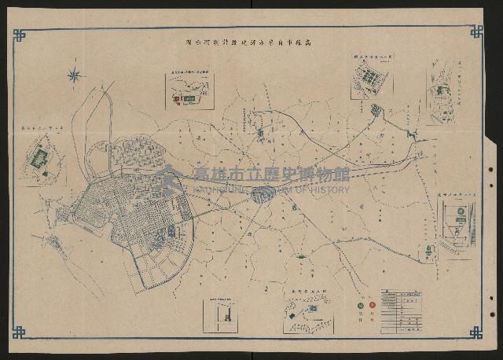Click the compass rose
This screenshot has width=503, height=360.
(x=75, y=75)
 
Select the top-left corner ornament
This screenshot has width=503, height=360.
(x=19, y=35)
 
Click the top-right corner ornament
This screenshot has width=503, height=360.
(x=476, y=31)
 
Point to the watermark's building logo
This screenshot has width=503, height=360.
(x=167, y=180)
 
